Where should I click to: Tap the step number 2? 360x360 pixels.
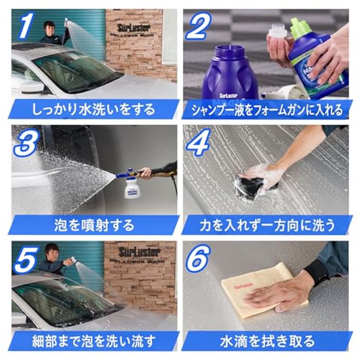pyautogui.click(x=198, y=27)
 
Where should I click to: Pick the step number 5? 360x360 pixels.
pyautogui.click(x=26, y=259)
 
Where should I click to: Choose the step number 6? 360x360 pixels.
pyautogui.click(x=198, y=259)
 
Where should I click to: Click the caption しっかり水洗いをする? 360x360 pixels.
pyautogui.click(x=93, y=109)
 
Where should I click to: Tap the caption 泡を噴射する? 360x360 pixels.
pyautogui.click(x=93, y=225)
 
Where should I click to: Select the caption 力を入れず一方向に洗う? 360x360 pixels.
pyautogui.click(x=267, y=225)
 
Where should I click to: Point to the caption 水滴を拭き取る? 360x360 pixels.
pyautogui.click(x=267, y=341)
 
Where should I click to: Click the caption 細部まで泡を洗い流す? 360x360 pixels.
pyautogui.click(x=93, y=341)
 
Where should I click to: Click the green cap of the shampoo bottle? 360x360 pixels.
pyautogui.click(x=301, y=28)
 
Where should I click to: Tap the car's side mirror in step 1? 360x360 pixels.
pyautogui.click(x=32, y=87)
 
